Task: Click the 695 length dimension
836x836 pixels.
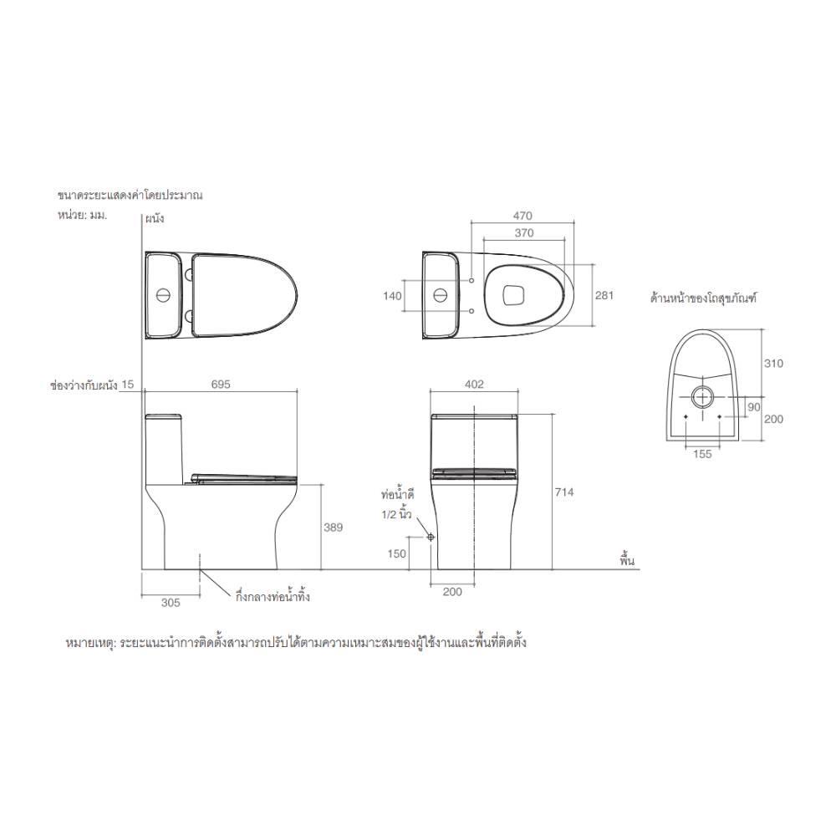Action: pyautogui.click(x=221, y=385)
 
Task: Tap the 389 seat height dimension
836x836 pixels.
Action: pyautogui.click(x=334, y=528)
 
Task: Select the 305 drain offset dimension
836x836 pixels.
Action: pyautogui.click(x=171, y=603)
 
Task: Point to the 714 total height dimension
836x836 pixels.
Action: pyautogui.click(x=564, y=492)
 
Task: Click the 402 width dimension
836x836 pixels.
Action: pyautogui.click(x=474, y=385)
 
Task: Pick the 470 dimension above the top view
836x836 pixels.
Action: pyautogui.click(x=522, y=216)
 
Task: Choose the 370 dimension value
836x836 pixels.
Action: pyautogui.click(x=524, y=233)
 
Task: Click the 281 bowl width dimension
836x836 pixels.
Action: pyautogui.click(x=604, y=295)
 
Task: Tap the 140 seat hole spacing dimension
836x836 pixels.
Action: pyautogui.click(x=392, y=295)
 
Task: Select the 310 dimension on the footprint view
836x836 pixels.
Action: pyautogui.click(x=773, y=364)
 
